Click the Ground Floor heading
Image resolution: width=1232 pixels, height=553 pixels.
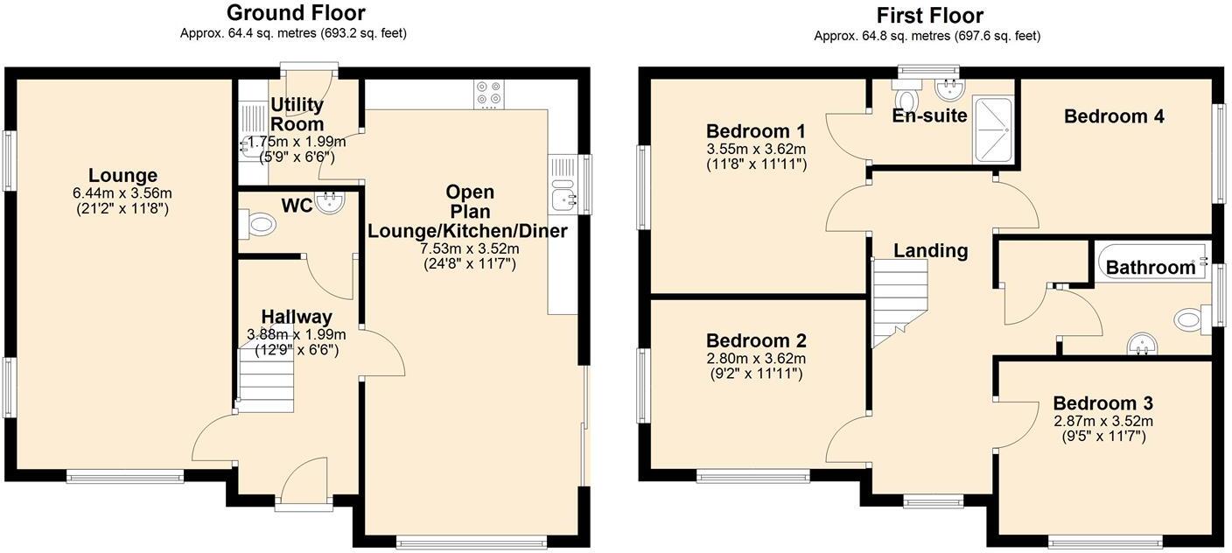click(x=295, y=13)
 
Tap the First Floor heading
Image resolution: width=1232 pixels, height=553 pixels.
click(x=929, y=16)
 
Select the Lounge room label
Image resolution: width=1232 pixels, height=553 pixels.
click(x=122, y=176)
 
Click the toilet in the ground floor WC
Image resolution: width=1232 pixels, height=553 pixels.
click(x=261, y=224)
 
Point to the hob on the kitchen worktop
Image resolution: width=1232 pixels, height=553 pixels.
click(x=487, y=94)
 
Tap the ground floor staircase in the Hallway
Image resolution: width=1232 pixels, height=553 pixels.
click(x=266, y=378)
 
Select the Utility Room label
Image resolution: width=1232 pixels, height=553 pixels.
click(x=297, y=115)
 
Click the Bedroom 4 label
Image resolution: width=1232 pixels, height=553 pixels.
click(x=1114, y=116)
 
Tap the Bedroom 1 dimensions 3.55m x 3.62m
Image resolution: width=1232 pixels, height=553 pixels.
click(x=756, y=149)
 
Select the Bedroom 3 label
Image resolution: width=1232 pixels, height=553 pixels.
click(x=1102, y=403)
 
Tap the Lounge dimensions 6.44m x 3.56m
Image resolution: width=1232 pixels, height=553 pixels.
click(x=122, y=193)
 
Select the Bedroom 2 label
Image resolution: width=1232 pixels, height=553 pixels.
click(x=756, y=341)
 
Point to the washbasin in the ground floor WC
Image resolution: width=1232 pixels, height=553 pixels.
click(x=331, y=202)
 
